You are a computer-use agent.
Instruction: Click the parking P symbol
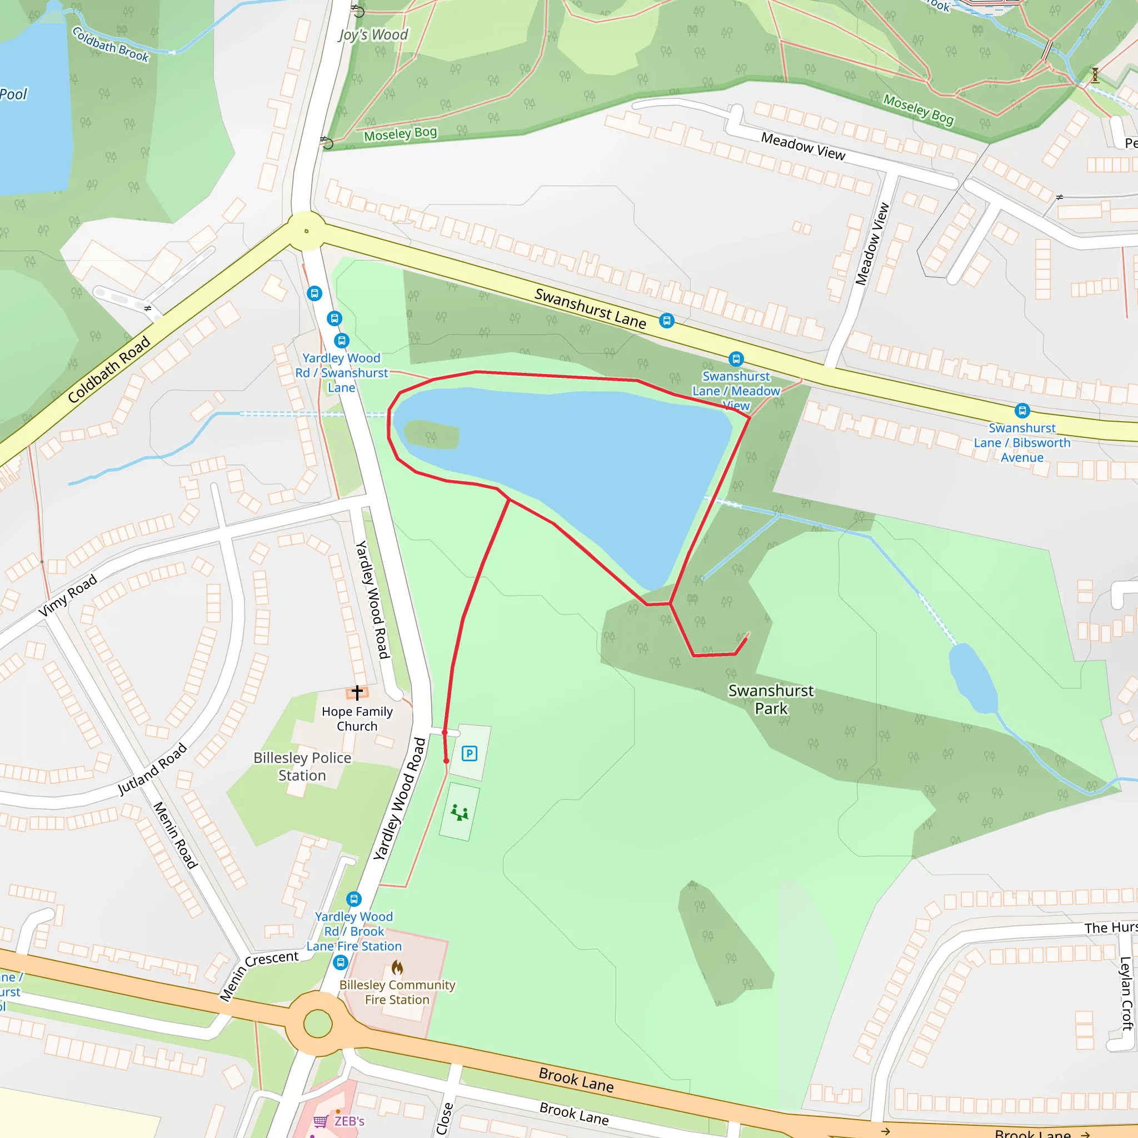coord(469,753)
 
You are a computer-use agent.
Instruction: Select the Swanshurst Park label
coord(771,699)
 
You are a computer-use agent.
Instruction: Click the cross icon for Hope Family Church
coord(357,692)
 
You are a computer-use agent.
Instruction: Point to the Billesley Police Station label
coord(302,766)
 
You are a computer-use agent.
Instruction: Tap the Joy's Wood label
coord(373,35)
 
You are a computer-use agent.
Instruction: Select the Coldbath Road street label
coord(109,370)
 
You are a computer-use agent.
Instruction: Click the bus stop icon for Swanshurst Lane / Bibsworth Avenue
coord(1022,411)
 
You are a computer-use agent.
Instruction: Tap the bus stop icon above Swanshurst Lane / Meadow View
coord(736,359)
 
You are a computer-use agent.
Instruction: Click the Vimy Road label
coord(68,596)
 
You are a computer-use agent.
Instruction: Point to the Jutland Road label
coord(152,769)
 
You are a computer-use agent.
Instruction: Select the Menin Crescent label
coord(258,975)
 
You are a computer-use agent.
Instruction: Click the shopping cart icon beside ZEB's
coord(321,1121)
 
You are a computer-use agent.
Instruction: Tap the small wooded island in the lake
coord(432,435)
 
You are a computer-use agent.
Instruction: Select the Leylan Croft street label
coord(1126,993)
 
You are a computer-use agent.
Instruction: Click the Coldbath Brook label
coord(111,45)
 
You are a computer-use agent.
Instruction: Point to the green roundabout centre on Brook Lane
coord(317,1024)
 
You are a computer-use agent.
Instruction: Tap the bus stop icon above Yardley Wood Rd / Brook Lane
coord(353,899)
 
